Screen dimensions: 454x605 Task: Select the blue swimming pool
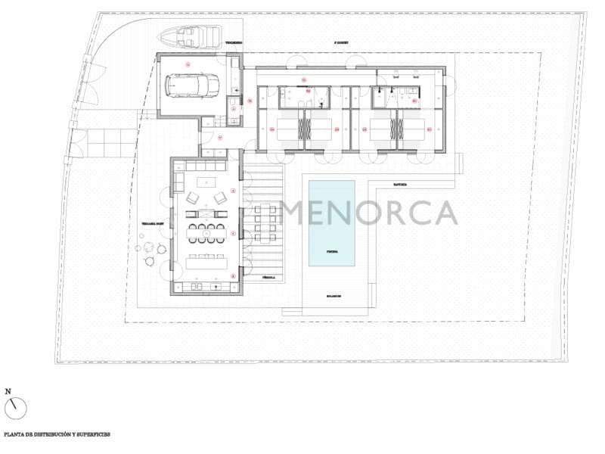tap(331, 223)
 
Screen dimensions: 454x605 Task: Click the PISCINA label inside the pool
tap(331, 250)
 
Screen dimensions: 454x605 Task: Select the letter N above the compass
tap(8, 391)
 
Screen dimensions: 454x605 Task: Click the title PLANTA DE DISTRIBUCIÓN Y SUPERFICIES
tap(57, 435)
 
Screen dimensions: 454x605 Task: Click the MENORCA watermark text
tap(370, 213)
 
